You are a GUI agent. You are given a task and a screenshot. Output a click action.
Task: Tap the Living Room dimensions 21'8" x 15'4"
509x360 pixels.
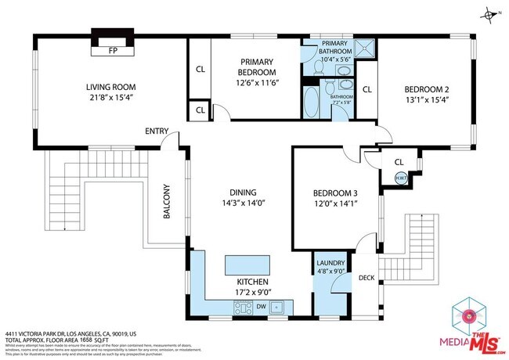[111, 98]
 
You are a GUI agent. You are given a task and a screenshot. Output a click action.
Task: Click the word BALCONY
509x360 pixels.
[165, 201]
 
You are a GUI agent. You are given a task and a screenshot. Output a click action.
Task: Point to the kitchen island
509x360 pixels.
[247, 263]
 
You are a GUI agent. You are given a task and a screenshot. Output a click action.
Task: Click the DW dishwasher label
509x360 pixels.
[261, 307]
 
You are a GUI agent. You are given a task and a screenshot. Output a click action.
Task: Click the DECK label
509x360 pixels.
[366, 278]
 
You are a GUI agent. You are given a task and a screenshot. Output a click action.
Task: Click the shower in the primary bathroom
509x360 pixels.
[364, 48]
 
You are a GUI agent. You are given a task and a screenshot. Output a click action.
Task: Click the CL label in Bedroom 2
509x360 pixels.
[366, 88]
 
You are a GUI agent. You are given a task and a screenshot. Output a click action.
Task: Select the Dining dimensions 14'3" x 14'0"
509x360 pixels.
[247, 203]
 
